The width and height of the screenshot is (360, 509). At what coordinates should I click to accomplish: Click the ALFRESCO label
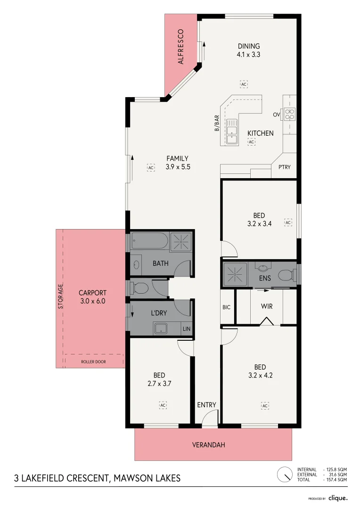point(180,47)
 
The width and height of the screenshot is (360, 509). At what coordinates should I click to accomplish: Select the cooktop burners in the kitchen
point(289,114)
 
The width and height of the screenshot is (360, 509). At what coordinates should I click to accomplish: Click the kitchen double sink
point(232,131)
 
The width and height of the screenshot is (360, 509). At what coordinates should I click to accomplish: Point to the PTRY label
point(284,167)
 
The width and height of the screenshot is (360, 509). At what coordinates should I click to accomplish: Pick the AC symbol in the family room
point(151,167)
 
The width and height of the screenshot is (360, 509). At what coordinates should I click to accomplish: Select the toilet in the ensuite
point(286,274)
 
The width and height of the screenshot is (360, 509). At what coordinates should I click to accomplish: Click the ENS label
point(265,278)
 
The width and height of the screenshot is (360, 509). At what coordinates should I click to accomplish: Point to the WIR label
point(267,306)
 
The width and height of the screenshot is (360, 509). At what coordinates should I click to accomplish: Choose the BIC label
point(226,307)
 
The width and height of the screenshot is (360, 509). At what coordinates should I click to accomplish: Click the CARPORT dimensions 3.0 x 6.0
point(92,300)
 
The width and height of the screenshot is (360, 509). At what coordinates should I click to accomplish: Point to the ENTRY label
point(206,405)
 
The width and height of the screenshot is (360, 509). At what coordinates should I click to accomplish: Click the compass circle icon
point(284,474)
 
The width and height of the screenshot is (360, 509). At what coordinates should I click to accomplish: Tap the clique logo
point(338,498)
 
